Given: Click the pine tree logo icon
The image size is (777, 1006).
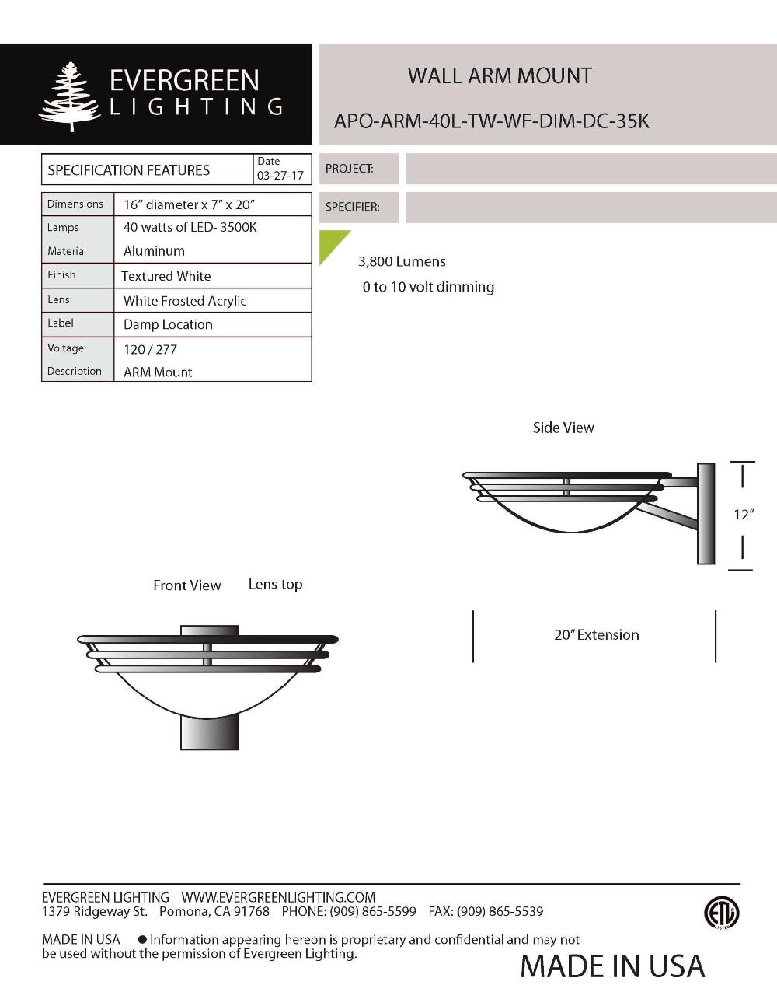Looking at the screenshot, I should coord(71,96).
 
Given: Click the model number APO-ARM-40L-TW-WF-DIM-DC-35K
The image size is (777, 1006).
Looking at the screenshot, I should coord(491,121).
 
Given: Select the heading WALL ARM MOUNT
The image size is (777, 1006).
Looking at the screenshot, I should coord(500,76).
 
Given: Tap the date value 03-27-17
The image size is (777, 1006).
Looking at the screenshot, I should coord(280,176).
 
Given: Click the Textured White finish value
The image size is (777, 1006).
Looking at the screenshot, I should coord(166,276).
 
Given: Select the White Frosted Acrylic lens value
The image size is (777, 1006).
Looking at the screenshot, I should coord(185,301).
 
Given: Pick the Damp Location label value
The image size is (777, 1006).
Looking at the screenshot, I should coord(168,324).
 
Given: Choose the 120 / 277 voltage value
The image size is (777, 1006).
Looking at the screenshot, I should coord(150,349).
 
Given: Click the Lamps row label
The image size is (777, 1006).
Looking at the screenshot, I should coord(63,227).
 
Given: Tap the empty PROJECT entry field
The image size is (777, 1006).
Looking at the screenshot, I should coord(591,169).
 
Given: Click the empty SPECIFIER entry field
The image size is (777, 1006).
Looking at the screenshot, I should coord(591,208).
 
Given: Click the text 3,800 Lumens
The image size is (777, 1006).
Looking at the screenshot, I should coord(402,261).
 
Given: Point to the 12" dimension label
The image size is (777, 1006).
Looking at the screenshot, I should coord(744,514).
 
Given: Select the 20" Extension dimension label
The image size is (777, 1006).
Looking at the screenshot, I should coord(596,634).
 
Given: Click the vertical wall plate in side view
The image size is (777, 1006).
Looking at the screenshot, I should coord(706,514).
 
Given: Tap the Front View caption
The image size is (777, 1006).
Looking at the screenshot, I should coord(186,585).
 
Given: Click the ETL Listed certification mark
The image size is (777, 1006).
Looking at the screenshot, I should coord(721,913).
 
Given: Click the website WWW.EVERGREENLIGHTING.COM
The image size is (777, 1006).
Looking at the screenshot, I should coord(278,897).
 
